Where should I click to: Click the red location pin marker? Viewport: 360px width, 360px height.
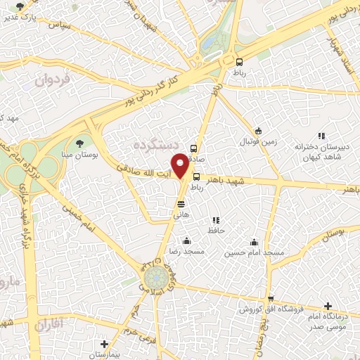[x=181, y=165]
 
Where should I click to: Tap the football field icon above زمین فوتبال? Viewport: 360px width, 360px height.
[x=258, y=131]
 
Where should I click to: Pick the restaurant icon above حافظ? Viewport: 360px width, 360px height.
[x=216, y=220]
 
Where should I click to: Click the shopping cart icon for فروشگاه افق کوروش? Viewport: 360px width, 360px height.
[x=271, y=298]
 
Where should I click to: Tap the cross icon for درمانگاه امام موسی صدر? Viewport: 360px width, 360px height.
[x=328, y=306]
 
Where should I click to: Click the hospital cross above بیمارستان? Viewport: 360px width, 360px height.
[x=104, y=344]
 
